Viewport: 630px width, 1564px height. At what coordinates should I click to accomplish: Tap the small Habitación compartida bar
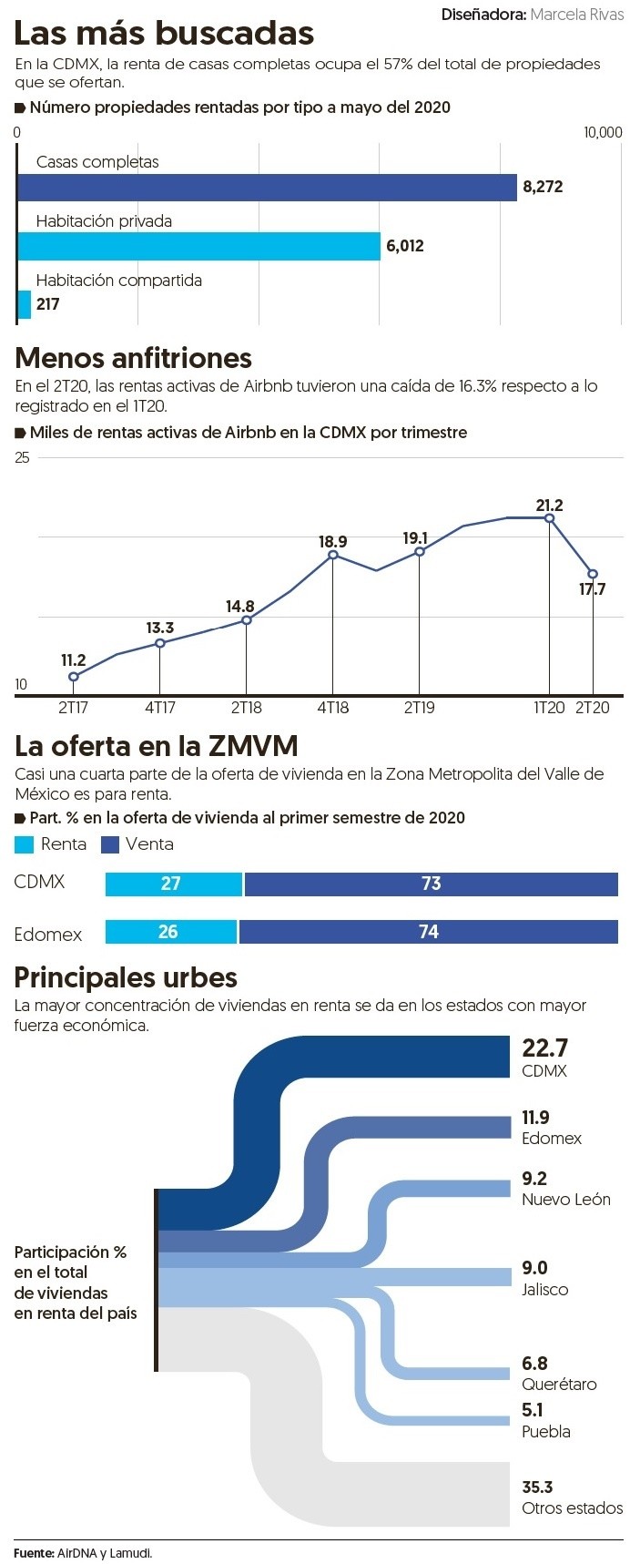coord(25,304)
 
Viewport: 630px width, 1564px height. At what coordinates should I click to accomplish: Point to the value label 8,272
coord(543,187)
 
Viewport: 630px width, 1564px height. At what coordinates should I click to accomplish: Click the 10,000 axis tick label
coord(603,133)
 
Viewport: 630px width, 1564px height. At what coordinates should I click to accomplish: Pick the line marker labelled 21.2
coord(549,518)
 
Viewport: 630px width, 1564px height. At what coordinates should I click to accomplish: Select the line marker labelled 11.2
coord(74,677)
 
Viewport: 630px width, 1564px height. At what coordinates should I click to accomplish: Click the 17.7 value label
coord(592,590)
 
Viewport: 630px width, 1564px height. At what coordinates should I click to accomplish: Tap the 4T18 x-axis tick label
coord(332,708)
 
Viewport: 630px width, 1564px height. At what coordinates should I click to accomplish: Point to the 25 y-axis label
coord(23,458)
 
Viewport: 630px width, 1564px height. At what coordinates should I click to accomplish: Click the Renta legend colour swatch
coord(25,845)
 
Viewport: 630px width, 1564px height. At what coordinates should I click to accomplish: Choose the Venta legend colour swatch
coord(110,845)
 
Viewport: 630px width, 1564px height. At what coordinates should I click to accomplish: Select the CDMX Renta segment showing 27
coord(173,884)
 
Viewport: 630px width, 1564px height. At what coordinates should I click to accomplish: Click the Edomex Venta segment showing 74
coord(428,932)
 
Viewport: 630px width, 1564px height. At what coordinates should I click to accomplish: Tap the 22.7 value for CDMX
coord(544,1048)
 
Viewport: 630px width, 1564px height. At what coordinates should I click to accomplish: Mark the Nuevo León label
coord(565,1200)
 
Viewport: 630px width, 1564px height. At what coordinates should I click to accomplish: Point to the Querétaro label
coord(559,1385)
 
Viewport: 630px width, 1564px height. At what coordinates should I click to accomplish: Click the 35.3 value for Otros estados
coord(537,1487)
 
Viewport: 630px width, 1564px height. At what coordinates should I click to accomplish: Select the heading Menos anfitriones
coord(133,358)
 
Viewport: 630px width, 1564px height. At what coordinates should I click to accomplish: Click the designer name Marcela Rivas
coord(576,15)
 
